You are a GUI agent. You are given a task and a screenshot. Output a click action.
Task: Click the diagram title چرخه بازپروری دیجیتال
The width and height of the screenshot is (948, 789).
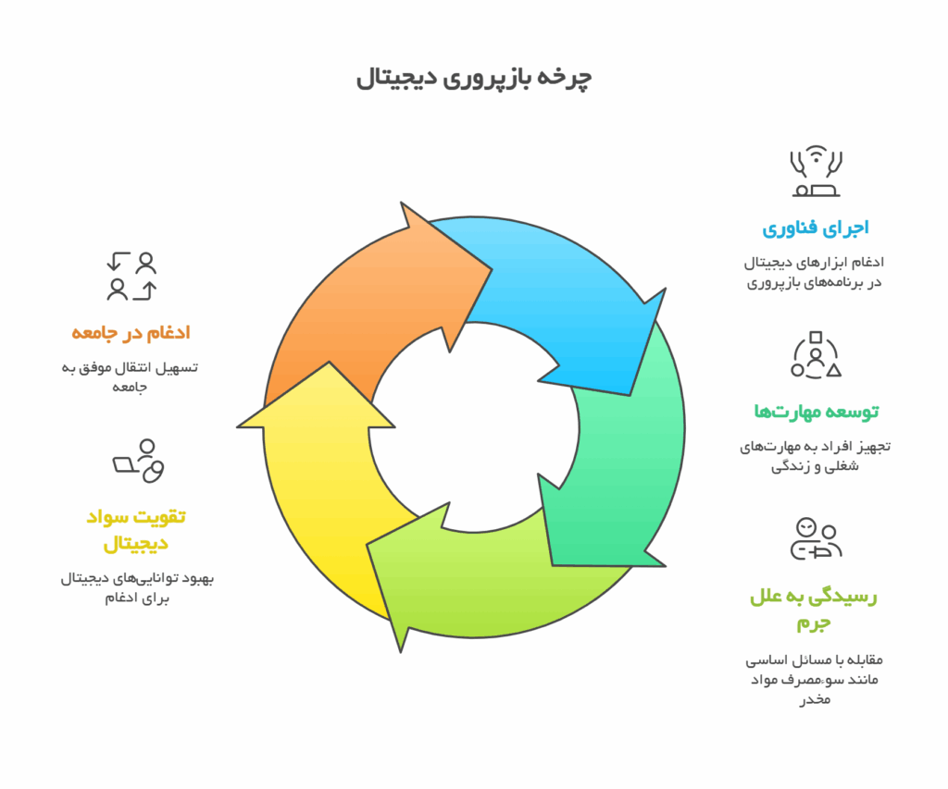[473, 79]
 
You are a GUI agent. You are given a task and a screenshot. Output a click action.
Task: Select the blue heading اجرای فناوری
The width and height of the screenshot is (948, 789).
[815, 228]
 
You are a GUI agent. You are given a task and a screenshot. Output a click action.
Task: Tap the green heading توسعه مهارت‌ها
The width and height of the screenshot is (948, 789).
[816, 412]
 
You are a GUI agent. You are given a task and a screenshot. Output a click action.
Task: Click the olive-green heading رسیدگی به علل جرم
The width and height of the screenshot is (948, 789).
[813, 609]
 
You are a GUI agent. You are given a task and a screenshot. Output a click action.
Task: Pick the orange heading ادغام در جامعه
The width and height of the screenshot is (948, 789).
[131, 333]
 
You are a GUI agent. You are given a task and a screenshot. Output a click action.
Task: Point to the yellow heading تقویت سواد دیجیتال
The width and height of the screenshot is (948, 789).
[135, 530]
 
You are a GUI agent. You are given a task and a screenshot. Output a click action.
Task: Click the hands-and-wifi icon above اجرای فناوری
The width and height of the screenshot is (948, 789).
[816, 171]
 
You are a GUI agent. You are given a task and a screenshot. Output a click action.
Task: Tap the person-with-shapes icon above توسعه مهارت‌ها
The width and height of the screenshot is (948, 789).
[816, 354]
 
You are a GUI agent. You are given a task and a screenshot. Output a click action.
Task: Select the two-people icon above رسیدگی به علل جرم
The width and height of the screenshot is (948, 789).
[816, 538]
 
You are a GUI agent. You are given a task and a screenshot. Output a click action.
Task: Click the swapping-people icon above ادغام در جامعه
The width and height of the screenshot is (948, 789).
[131, 276]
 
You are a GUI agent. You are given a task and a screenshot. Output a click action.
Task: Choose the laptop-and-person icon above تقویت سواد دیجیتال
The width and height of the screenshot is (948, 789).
[139, 461]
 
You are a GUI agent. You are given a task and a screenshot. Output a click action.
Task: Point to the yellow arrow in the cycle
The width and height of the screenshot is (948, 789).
[320, 484]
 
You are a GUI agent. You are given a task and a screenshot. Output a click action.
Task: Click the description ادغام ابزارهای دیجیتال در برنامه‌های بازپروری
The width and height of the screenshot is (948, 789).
[815, 273]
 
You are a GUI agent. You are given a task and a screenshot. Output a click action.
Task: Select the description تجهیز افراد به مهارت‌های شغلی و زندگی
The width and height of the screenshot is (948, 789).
[815, 456]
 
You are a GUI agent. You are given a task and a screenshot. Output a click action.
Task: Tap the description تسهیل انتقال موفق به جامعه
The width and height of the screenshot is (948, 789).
[130, 377]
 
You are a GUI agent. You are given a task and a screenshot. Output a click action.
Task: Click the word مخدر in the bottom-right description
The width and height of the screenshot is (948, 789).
[816, 699]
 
